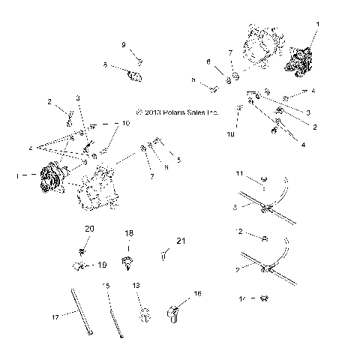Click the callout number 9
(124, 44)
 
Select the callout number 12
(240, 232)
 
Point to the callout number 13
(136, 286)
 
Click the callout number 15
(106, 286)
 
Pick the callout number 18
(128, 233)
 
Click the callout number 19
(101, 265)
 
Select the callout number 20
(89, 228)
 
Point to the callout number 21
(179, 241)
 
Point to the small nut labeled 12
(267, 239)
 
